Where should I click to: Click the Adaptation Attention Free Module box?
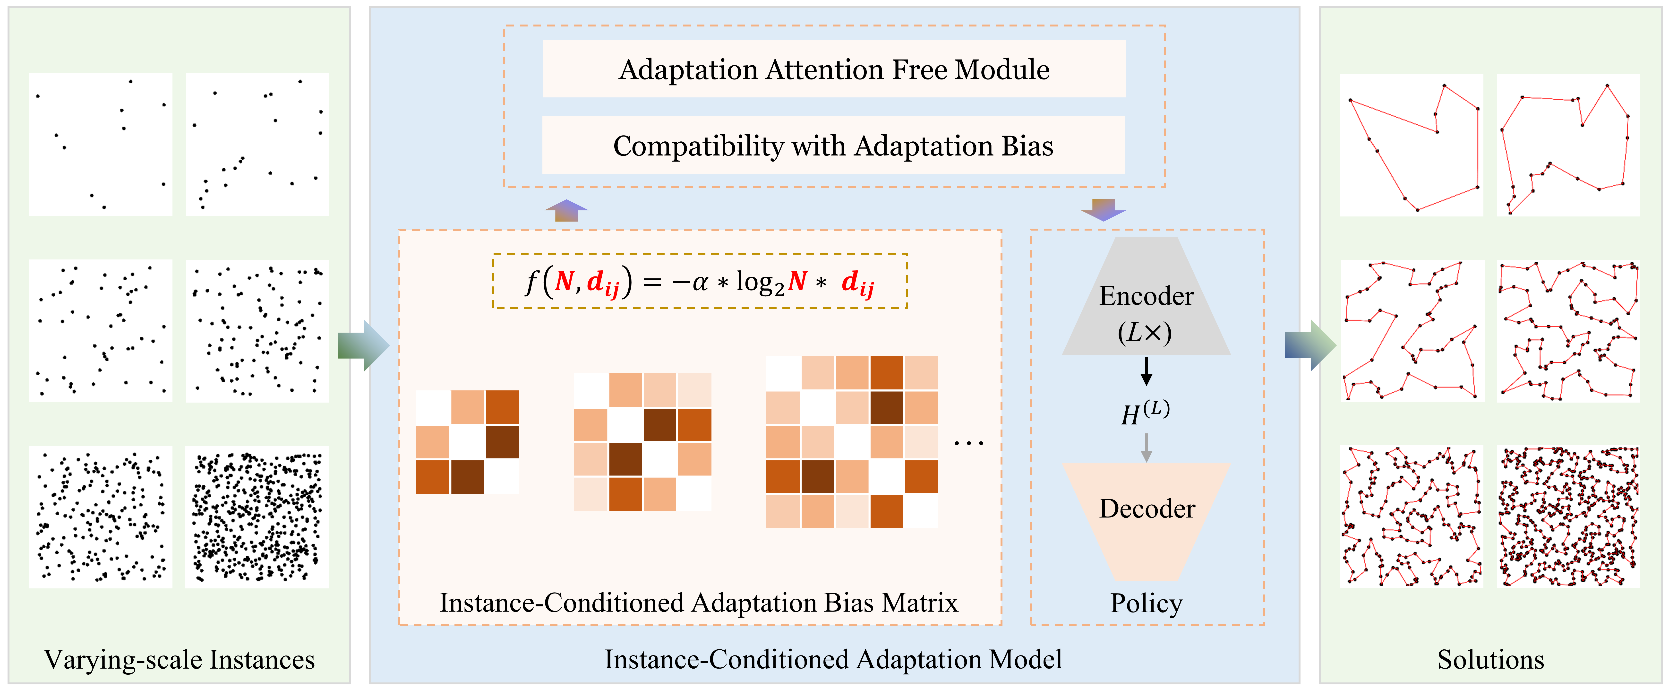pos(834,69)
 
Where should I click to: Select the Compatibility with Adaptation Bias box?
pos(833,145)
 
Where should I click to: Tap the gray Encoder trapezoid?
pos(1146,296)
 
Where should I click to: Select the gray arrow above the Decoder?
pos(1146,447)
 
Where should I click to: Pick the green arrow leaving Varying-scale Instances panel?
pos(363,345)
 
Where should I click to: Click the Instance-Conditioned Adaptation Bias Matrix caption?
pos(698,603)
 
